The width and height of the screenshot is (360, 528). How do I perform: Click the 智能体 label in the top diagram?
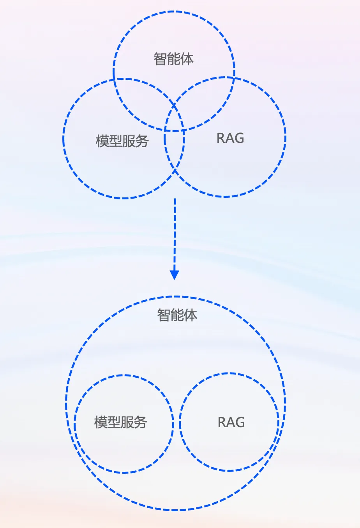[x=174, y=59]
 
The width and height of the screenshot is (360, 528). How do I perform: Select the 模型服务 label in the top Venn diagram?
[x=122, y=141]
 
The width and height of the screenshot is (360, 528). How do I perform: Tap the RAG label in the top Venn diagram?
[x=230, y=138]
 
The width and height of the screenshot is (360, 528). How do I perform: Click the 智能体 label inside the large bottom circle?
[x=177, y=315]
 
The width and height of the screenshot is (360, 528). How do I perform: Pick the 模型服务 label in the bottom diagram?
[x=121, y=422]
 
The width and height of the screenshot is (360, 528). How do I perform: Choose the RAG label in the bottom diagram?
[x=231, y=422]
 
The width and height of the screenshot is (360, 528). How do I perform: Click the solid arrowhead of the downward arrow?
[x=175, y=275]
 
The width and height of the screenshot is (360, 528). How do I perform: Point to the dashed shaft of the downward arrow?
[x=175, y=234]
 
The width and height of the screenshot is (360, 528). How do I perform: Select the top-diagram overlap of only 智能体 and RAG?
[x=206, y=97]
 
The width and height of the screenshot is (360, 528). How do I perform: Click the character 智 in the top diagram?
[x=161, y=59]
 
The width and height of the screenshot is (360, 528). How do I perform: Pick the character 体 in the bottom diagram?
[x=191, y=315]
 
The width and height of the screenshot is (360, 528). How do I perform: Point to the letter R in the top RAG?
[x=221, y=138]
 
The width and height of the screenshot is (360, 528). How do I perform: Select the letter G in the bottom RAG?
[x=240, y=422]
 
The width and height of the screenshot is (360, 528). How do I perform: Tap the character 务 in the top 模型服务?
[x=142, y=141]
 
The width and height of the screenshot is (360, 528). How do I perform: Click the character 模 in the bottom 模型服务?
[x=101, y=422]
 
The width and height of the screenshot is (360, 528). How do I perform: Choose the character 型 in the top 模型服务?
[x=115, y=141]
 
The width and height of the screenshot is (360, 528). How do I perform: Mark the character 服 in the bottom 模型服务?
[x=127, y=422]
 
